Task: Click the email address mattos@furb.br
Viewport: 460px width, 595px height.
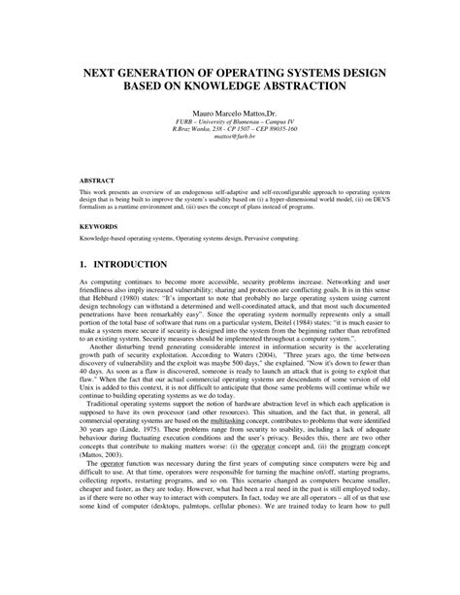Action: pyautogui.click(x=230, y=138)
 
